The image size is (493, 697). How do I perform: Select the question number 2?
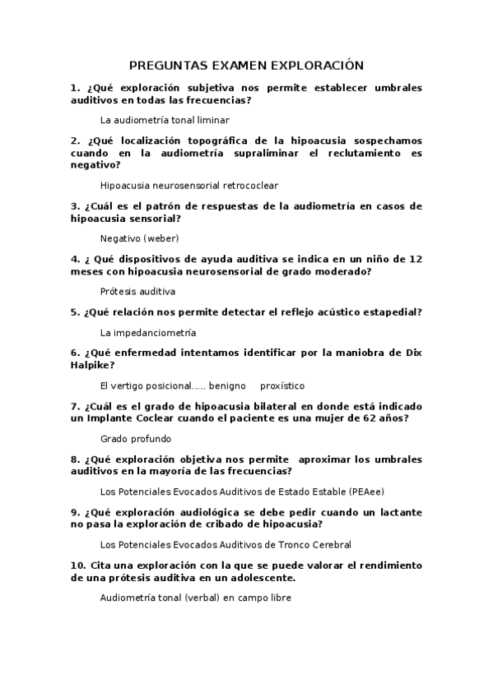pos(75,140)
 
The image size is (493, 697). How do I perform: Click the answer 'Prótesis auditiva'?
pos(137,291)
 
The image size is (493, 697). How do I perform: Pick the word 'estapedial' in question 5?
pos(389,312)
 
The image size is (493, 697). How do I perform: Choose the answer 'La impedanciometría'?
pos(148,332)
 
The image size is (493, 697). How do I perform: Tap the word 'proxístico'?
pos(282,385)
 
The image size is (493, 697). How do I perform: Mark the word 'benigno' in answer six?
pos(228,385)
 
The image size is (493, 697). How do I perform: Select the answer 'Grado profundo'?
pos(136,438)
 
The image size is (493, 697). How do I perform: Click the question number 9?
pos(75,511)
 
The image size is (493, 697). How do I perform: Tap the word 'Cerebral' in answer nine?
pos(330,544)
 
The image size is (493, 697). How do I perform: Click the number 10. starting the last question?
pos(78,565)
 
